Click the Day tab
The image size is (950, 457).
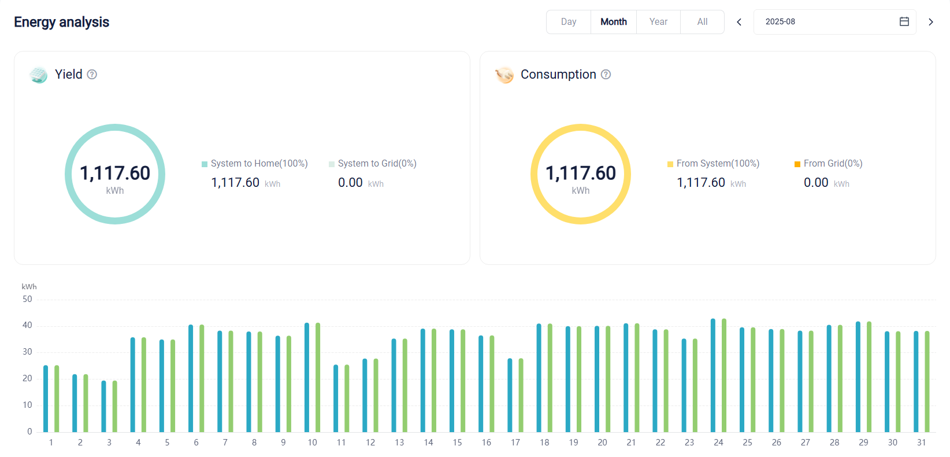(568, 21)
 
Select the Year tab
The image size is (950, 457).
(658, 21)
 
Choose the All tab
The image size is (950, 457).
(702, 21)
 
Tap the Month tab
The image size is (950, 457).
(614, 21)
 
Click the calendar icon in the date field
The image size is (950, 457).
(904, 21)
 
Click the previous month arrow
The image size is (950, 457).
(739, 22)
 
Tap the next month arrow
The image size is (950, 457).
(931, 22)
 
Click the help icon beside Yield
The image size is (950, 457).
(92, 75)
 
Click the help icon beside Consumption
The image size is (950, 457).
(606, 75)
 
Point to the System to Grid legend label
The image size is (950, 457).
(377, 164)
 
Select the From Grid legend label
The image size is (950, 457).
(833, 164)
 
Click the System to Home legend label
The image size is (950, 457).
(259, 164)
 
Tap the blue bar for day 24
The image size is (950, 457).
(713, 375)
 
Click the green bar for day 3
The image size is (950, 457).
(114, 407)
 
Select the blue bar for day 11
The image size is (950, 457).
(336, 399)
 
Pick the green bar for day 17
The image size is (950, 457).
(521, 396)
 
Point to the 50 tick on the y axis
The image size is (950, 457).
(27, 300)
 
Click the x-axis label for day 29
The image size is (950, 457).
(863, 443)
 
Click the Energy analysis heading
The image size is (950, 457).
(61, 22)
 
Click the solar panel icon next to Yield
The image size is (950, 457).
(39, 75)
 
